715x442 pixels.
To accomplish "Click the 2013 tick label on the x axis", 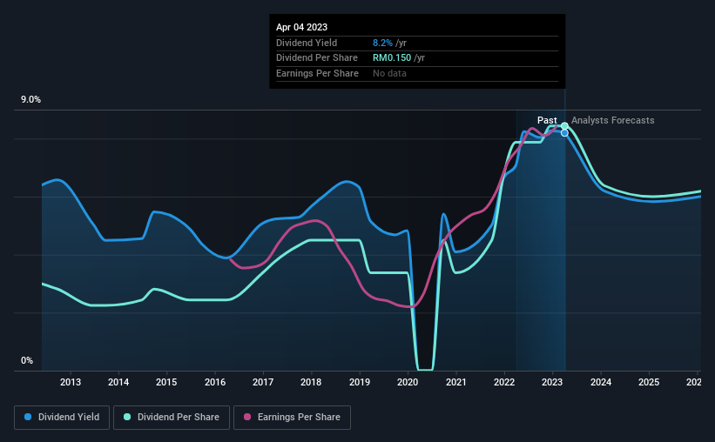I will point(71,382).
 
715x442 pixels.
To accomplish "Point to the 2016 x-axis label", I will point(215,382).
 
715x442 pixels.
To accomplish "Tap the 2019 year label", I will point(360,382).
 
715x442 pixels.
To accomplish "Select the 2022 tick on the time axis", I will point(503,382).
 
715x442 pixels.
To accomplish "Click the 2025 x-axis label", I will point(648,382).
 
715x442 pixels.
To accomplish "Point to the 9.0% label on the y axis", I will point(31,100).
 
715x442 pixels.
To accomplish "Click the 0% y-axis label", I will point(26,361).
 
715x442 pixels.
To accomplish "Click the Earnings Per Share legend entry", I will point(293,418).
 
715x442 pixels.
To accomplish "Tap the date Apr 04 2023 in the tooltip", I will point(302,27).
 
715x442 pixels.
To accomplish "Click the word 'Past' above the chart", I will point(547,120).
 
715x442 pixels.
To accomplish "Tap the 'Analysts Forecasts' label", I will point(612,120).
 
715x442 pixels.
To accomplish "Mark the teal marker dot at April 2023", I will point(564,126).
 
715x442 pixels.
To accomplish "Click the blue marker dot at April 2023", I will point(564,133).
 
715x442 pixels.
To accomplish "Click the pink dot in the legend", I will point(247,418).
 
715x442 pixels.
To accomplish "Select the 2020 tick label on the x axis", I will point(408,382).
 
